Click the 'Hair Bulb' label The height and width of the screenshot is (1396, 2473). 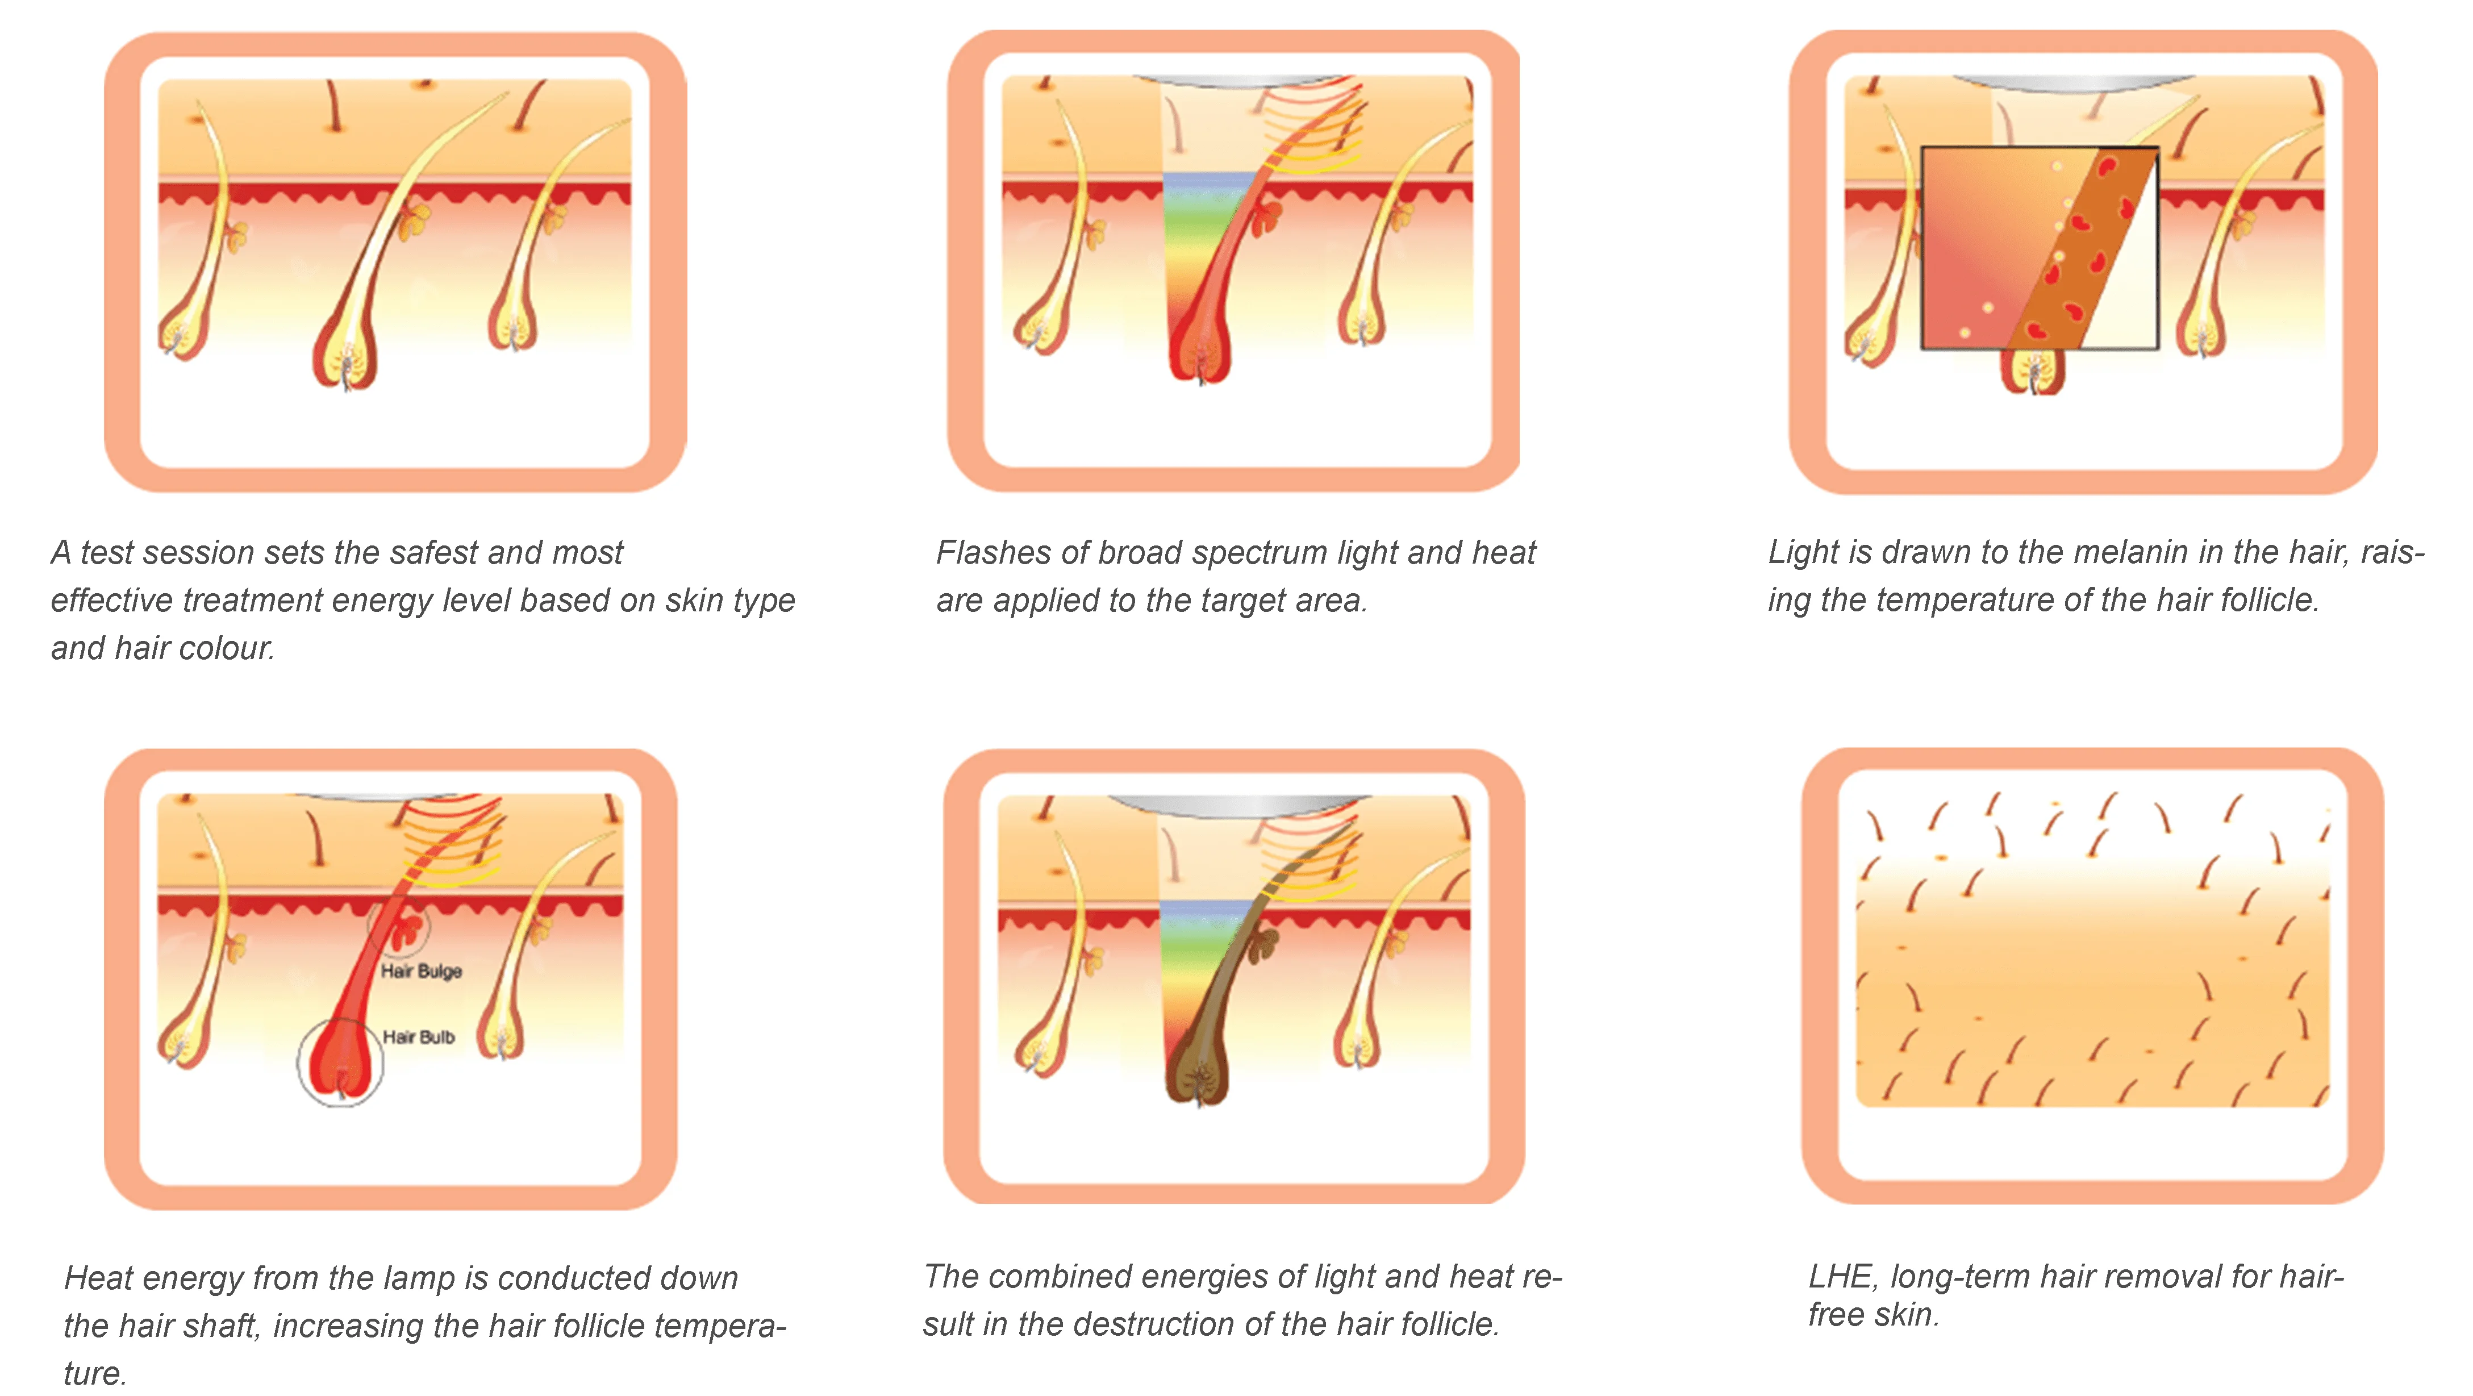pyautogui.click(x=419, y=1037)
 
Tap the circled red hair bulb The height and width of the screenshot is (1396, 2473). pyautogui.click(x=341, y=1060)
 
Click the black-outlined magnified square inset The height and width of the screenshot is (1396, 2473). pyautogui.click(x=2040, y=248)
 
